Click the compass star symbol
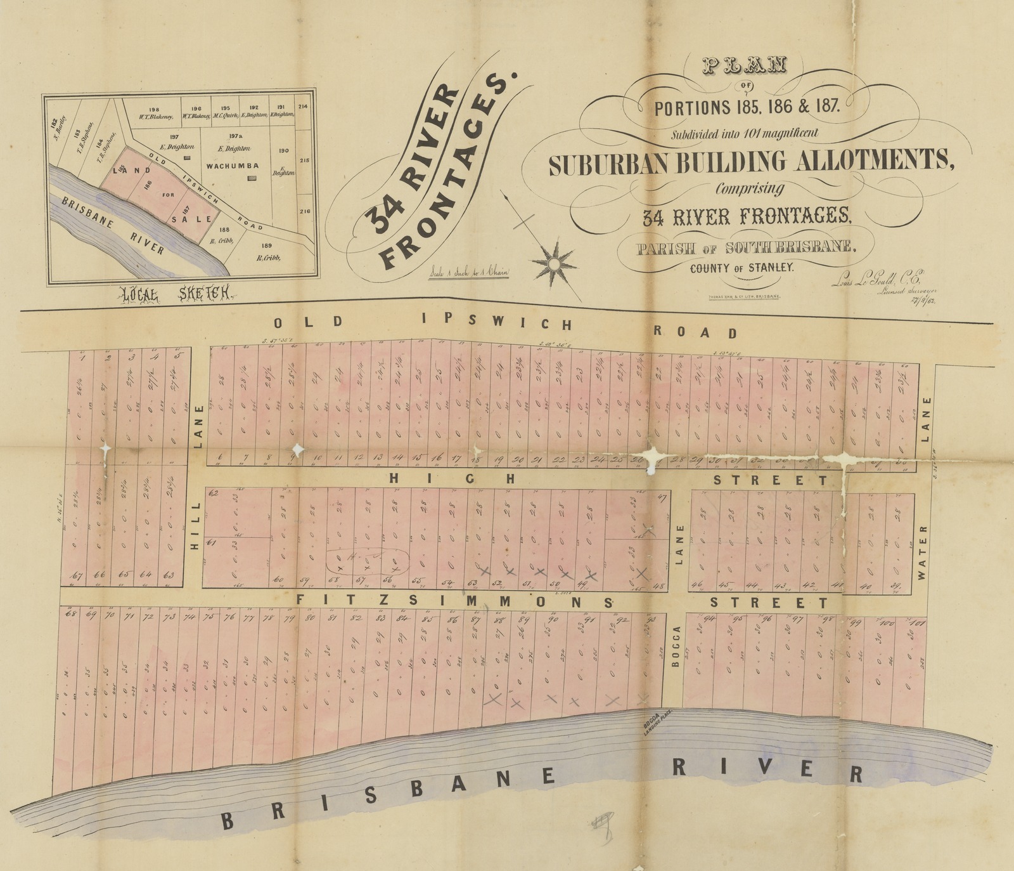553,261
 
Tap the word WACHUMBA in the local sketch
233,166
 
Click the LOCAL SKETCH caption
176,294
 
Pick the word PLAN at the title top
743,65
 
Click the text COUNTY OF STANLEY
741,268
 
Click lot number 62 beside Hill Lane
213,493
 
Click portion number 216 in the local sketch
305,211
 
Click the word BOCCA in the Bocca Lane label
677,646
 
